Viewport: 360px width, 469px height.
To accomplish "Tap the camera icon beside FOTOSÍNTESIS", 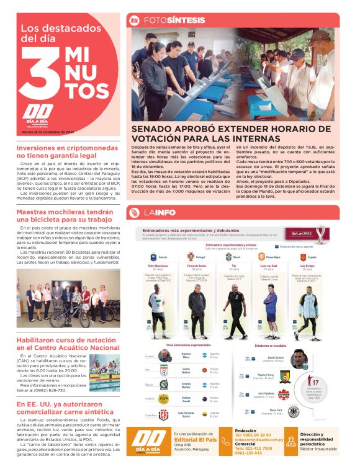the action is tap(134, 20).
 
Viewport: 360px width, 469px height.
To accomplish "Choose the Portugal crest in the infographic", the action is tap(191, 256).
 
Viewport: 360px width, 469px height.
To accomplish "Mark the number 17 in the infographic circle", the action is tap(315, 383).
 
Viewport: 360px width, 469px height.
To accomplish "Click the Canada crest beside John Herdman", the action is tap(285, 395).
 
